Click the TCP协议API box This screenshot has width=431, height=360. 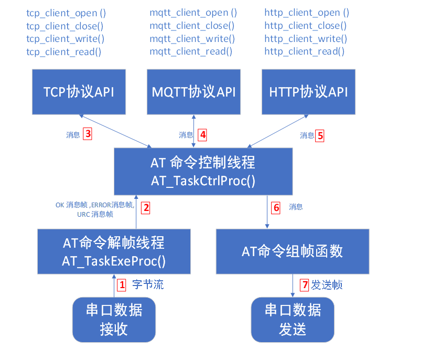[79, 92]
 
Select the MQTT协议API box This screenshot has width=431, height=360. [193, 92]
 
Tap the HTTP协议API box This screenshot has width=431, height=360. [308, 92]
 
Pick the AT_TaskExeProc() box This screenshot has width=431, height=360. [114, 251]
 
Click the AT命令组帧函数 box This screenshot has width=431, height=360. [292, 251]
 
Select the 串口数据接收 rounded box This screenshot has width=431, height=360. [114, 319]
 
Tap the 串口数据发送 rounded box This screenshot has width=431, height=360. [293, 319]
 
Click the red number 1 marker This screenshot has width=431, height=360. [122, 285]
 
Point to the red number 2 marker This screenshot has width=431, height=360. [146, 207]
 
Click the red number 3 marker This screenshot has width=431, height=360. [88, 134]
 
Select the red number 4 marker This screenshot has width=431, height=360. [203, 135]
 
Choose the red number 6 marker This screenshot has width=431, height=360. [276, 207]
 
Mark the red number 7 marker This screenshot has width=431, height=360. [304, 285]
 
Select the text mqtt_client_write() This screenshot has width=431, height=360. [192, 38]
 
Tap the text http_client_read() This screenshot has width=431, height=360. [304, 51]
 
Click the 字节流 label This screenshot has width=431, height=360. [148, 285]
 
